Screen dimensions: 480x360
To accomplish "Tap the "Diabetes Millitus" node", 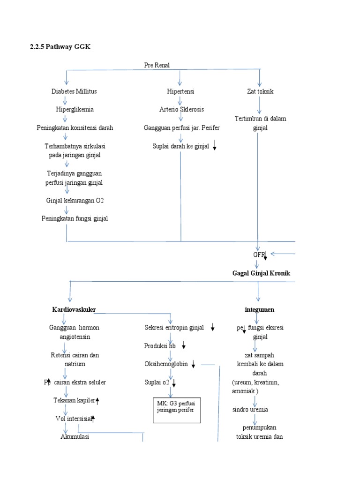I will coord(74,91).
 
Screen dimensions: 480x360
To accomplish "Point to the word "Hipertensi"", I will coord(180,91).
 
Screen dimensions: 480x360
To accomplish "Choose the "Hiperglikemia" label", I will coord(75,109).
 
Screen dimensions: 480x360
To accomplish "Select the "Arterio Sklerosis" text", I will coord(181,109).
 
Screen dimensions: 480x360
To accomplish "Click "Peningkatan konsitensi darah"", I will coord(75,127).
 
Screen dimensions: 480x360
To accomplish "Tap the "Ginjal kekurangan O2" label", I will coord(75,200).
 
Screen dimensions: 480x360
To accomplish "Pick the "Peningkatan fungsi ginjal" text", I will coord(75,218).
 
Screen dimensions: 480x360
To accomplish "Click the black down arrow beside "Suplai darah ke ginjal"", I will coord(215,147).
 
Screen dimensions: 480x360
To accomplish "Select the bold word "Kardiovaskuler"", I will coord(76,310).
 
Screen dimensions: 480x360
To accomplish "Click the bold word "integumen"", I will coord(259,310).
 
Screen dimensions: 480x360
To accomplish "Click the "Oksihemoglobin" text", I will coord(166,364).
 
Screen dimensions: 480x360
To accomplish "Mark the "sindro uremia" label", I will coord(250,409).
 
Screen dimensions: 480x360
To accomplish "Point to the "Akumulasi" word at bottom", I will coord(75,436).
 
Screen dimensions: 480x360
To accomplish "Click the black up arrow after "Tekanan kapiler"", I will coord(97,400).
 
